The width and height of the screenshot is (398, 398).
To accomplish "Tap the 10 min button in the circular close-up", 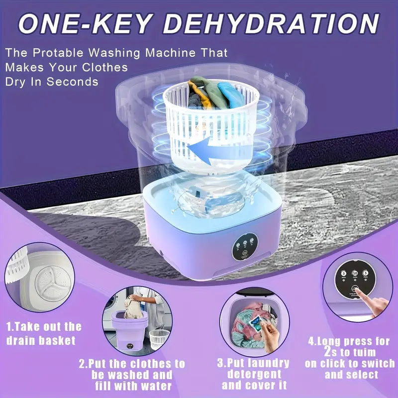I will pyautogui.click(x=355, y=274).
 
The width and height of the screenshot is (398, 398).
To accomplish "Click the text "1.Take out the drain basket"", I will pyautogui.click(x=43, y=333).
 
